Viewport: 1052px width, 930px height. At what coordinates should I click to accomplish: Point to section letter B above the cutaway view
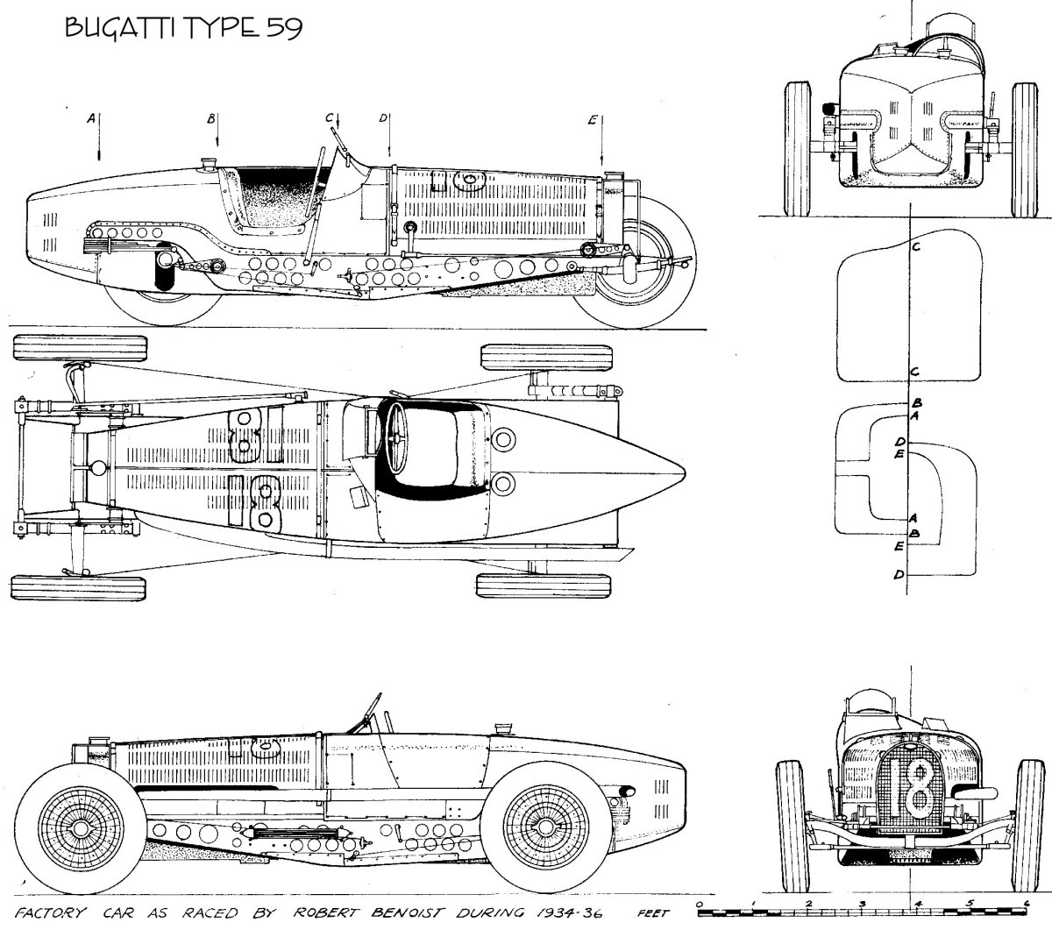(x=210, y=118)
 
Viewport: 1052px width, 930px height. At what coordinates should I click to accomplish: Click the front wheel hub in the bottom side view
(x=83, y=827)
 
